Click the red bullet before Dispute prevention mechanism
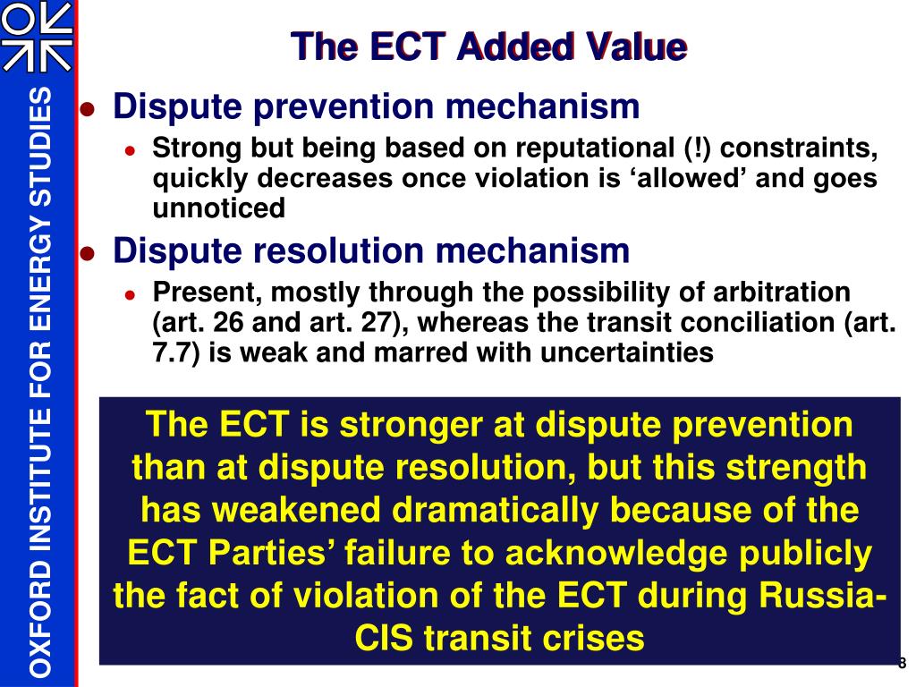(88, 109)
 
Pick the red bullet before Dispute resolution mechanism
(88, 252)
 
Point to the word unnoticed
(219, 208)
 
